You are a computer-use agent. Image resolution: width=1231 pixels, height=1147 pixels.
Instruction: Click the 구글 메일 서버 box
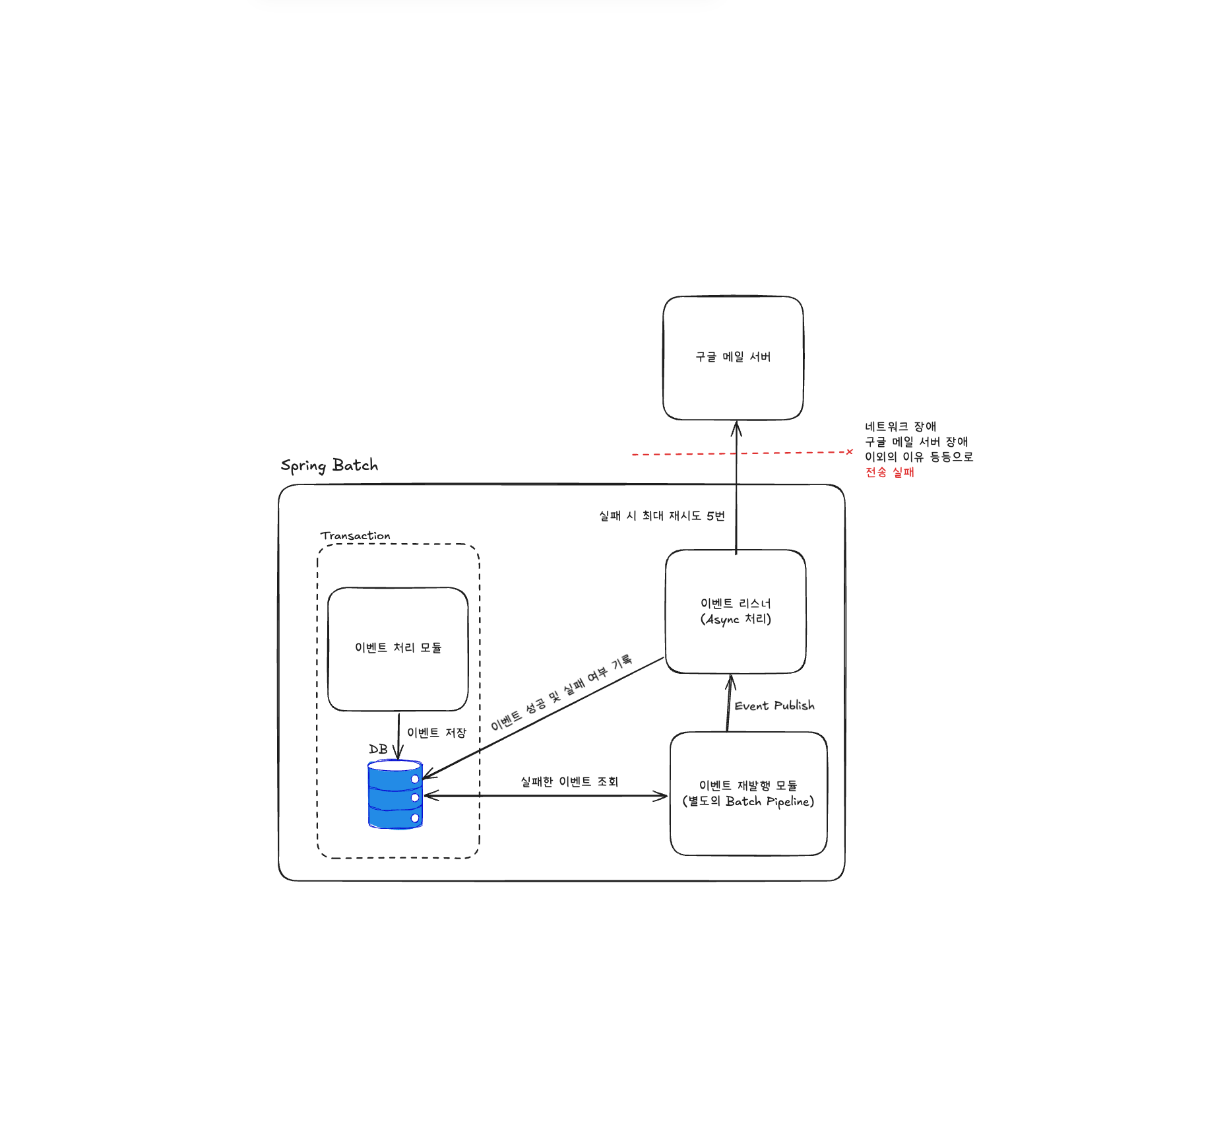(733, 358)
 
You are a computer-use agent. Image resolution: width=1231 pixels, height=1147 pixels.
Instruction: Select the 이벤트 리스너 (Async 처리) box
(736, 611)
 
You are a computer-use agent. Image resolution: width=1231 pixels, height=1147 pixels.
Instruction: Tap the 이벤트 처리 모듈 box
(398, 648)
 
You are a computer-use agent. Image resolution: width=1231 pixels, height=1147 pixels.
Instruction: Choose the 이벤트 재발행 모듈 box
(748, 793)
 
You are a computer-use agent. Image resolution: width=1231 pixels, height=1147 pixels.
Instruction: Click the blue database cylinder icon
(395, 795)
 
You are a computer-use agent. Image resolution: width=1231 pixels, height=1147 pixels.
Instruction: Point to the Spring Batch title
(329, 465)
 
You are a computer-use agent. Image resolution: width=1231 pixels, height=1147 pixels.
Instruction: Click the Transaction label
(355, 536)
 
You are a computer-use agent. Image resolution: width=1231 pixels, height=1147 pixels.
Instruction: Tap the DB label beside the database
(378, 749)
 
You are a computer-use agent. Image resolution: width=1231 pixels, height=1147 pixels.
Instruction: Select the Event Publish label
(774, 705)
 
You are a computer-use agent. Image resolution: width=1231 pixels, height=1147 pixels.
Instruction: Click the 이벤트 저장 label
(436, 733)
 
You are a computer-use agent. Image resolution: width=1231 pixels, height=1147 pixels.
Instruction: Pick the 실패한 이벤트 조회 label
(569, 781)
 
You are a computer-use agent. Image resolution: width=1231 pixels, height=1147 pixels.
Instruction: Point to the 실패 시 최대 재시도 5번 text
(661, 515)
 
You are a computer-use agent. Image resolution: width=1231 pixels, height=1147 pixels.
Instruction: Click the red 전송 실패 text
(889, 472)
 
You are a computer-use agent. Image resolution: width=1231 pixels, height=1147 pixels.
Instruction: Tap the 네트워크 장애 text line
(900, 426)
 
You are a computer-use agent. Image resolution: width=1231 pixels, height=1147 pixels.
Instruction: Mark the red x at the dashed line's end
(850, 452)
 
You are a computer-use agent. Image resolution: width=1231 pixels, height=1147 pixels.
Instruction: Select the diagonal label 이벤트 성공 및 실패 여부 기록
(561, 692)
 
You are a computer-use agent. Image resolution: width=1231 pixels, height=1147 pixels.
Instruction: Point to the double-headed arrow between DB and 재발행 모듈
(545, 796)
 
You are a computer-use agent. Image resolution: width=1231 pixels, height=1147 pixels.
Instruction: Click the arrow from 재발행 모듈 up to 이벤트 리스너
(729, 703)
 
